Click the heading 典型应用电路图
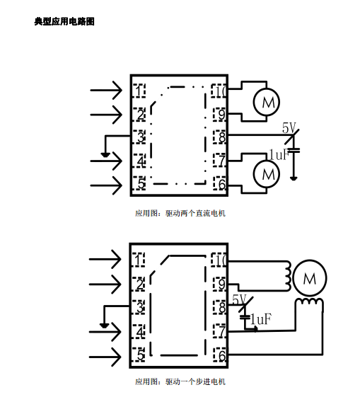pyautogui.click(x=64, y=21)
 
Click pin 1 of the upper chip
pyautogui.click(x=139, y=91)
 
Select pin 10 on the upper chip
pyautogui.click(x=219, y=91)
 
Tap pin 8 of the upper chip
pyautogui.click(x=219, y=137)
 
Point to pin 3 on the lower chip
pyautogui.click(x=139, y=307)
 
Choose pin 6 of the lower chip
pyautogui.click(x=219, y=355)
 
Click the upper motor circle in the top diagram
pyautogui.click(x=267, y=101)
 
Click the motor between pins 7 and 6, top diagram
pyautogui.click(x=267, y=174)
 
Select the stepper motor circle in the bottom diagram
pyautogui.click(x=310, y=277)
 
